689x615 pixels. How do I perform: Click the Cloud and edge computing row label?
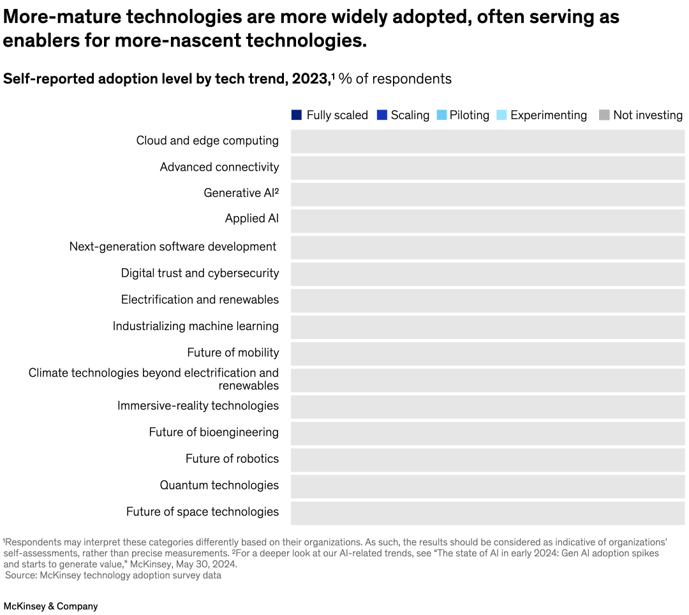click(x=207, y=141)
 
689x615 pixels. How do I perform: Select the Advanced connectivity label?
click(x=219, y=167)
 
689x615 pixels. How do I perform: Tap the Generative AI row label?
click(x=241, y=193)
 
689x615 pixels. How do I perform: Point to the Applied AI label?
click(x=251, y=219)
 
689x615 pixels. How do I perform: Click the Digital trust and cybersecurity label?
click(x=200, y=273)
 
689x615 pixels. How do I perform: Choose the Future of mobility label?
click(x=233, y=353)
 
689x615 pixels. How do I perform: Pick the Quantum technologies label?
click(x=219, y=486)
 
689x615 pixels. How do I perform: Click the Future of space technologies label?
click(x=202, y=512)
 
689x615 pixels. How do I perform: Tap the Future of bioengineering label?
click(x=214, y=433)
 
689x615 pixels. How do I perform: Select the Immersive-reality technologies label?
click(x=198, y=406)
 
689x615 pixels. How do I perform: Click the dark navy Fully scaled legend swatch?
click(x=297, y=115)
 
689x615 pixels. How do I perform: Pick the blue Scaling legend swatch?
click(x=382, y=115)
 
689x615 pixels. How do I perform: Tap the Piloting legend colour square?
click(x=441, y=115)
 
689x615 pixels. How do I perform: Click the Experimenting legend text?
click(x=548, y=115)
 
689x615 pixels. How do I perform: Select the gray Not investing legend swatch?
click(x=604, y=115)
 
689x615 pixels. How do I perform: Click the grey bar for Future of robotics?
click(x=487, y=459)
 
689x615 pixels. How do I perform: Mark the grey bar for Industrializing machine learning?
click(x=487, y=327)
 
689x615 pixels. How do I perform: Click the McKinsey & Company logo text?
click(x=50, y=606)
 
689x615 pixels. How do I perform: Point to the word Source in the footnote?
click(x=20, y=575)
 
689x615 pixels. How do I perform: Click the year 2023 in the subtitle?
click(x=310, y=79)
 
